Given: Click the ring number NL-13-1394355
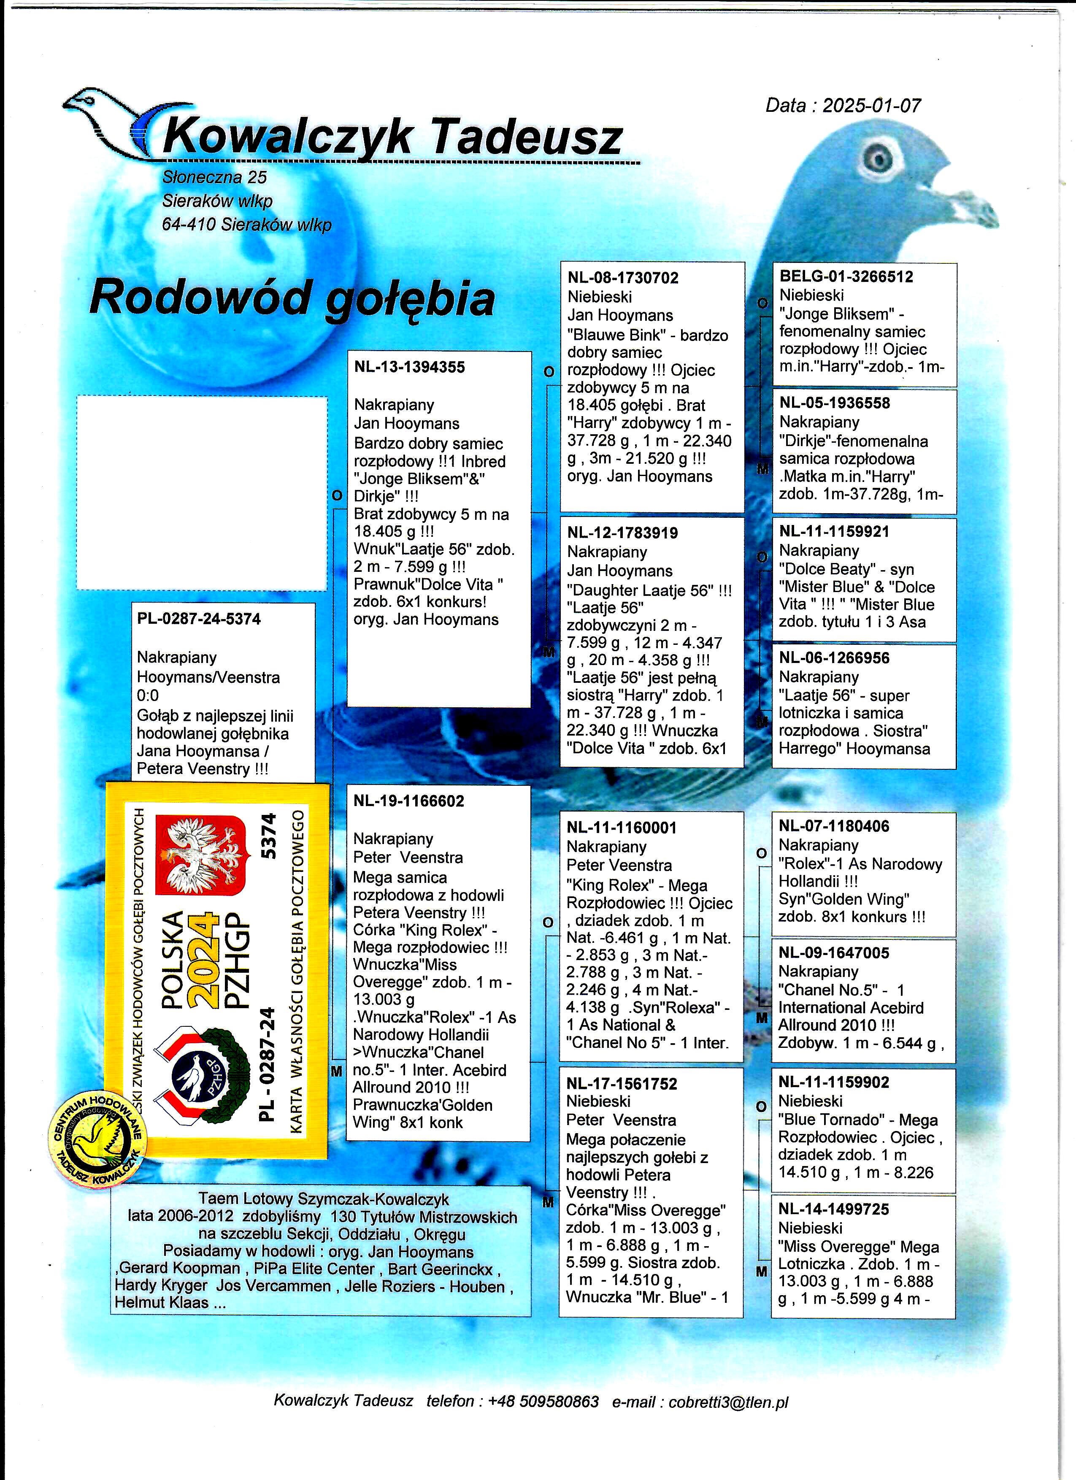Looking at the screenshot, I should click(409, 368).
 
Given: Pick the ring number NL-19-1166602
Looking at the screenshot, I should click(408, 801).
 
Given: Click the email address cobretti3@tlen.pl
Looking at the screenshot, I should click(728, 1401).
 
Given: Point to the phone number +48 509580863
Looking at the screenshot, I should click(543, 1401).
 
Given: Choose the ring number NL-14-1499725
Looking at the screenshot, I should click(833, 1209).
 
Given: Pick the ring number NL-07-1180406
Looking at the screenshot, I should click(833, 826).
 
